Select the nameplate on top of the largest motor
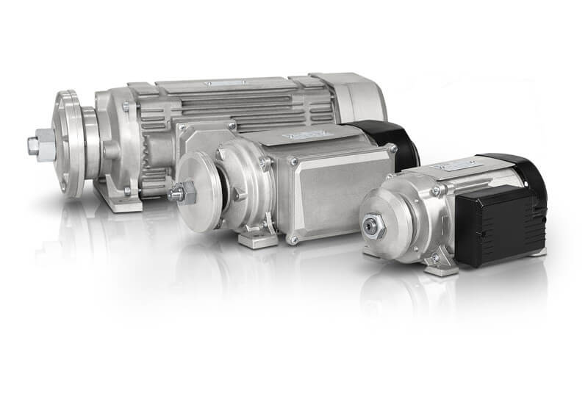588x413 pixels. (220, 85)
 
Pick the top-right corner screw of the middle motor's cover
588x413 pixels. (392, 149)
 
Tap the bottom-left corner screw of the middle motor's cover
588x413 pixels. (293, 238)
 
